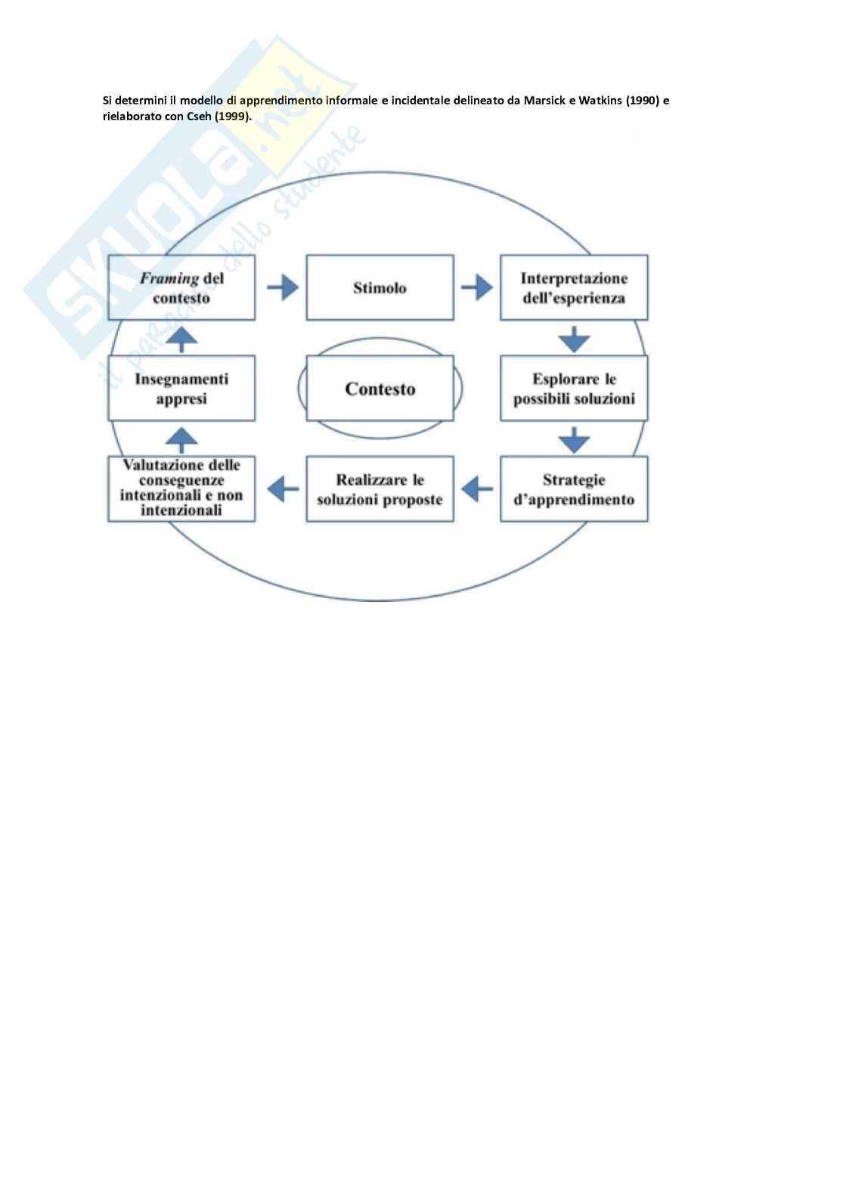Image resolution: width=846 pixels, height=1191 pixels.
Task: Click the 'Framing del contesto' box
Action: point(181,287)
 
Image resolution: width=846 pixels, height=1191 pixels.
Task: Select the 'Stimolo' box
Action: point(380,287)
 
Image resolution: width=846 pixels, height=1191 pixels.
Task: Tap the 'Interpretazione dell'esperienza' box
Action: point(574,287)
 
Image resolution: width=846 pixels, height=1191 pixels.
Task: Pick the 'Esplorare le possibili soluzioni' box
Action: point(574,388)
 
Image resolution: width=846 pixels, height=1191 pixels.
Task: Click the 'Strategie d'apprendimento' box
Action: point(574,488)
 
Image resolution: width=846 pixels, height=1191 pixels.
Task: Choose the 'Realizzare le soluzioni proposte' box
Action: point(380,488)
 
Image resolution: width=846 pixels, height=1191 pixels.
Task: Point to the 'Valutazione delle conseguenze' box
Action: point(181,488)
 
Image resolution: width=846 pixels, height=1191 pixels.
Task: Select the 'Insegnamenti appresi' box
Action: point(181,388)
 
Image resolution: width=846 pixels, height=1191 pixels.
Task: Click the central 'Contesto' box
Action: point(380,388)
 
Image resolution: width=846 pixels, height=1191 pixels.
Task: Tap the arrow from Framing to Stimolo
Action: point(282,287)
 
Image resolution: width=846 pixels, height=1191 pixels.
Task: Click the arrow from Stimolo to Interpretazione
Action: point(476,287)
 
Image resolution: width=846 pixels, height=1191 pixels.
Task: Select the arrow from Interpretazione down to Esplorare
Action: point(574,340)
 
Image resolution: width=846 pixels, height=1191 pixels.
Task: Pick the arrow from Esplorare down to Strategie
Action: point(574,439)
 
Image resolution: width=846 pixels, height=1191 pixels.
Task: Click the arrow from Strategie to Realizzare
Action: point(477,488)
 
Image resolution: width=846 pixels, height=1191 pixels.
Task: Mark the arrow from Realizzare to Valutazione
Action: point(283,488)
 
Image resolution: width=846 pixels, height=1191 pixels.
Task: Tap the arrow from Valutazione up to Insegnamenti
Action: point(181,440)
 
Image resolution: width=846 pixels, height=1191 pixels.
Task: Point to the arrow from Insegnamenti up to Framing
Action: point(181,340)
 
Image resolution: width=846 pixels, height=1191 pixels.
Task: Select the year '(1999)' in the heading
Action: point(232,116)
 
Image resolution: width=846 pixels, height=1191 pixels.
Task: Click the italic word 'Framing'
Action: point(169,278)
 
